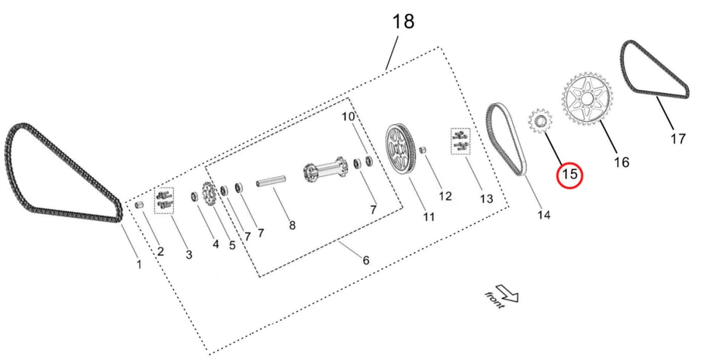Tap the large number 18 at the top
(403, 21)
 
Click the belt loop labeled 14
(504, 140)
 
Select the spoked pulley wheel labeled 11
(402, 148)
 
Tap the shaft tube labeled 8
(271, 183)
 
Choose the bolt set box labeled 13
(460, 141)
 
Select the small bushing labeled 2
(139, 205)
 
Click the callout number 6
(366, 260)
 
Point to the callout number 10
(348, 116)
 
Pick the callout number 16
(621, 162)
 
